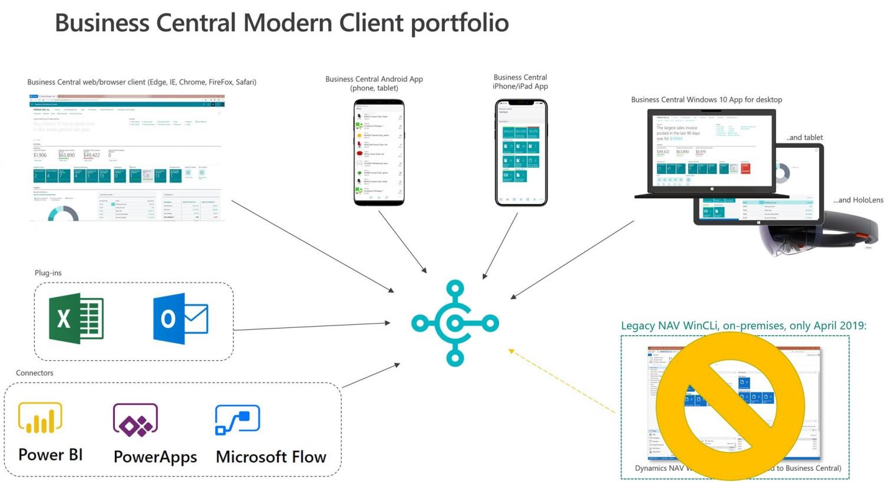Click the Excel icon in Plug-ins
click(77, 318)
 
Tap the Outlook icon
click(180, 318)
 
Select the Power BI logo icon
click(40, 418)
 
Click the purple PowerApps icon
click(136, 420)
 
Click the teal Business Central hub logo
click(455, 323)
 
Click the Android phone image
click(379, 153)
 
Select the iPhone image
click(521, 153)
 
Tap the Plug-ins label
click(48, 273)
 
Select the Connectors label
click(34, 373)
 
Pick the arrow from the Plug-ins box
click(312, 326)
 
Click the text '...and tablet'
click(804, 138)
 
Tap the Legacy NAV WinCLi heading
click(744, 326)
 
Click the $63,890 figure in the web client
click(67, 155)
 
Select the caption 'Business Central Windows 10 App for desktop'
click(707, 100)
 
